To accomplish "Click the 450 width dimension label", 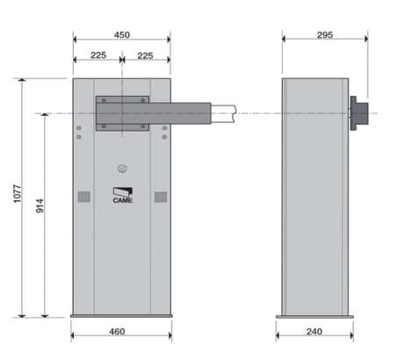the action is [122, 35].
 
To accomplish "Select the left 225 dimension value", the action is [98, 55].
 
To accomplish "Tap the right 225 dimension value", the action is [145, 55].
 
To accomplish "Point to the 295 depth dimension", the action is [325, 35].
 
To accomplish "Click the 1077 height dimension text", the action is [18, 193].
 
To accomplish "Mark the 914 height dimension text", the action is [40, 205].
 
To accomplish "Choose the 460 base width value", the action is [117, 332].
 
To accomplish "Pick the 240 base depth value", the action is [314, 332].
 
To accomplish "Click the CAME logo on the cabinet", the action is [123, 195].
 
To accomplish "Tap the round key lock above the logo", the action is [122, 169].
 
